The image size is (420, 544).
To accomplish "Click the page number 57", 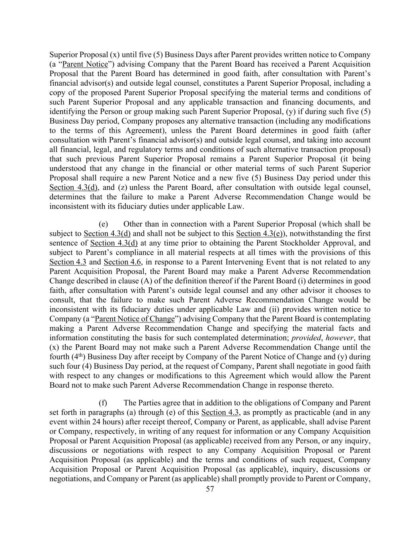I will tap(210, 489).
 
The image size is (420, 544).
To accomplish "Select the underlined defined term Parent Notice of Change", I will tap(135, 319).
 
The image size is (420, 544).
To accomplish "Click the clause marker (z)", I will tap(121, 187).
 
